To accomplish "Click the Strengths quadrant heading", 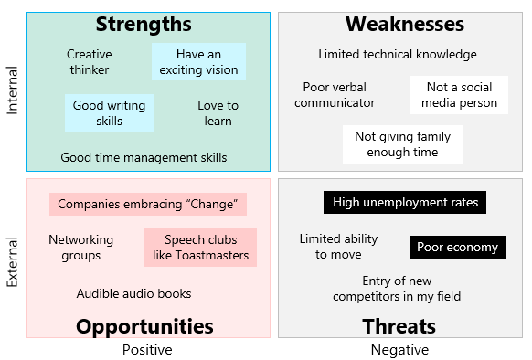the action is point(144,25).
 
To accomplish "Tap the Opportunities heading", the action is point(144,326).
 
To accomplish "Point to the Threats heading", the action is point(399,326).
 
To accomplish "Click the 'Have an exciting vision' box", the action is point(198,62).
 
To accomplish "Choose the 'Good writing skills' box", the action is point(109,113).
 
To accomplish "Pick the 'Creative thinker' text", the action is point(89,62).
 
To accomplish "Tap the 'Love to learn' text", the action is point(218,113).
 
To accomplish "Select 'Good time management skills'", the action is point(144,157).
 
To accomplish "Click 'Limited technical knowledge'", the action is point(397,54).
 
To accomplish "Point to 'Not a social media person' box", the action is point(459,95).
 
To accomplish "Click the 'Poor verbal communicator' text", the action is point(339,95).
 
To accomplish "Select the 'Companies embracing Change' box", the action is point(147,204).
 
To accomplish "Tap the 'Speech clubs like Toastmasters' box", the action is point(200,248).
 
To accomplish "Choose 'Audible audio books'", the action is point(133,293).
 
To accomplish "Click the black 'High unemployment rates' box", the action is point(404,202).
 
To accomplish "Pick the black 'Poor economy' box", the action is point(457,247).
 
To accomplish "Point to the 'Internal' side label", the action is point(12,91).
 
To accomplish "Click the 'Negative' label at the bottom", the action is point(399,349).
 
